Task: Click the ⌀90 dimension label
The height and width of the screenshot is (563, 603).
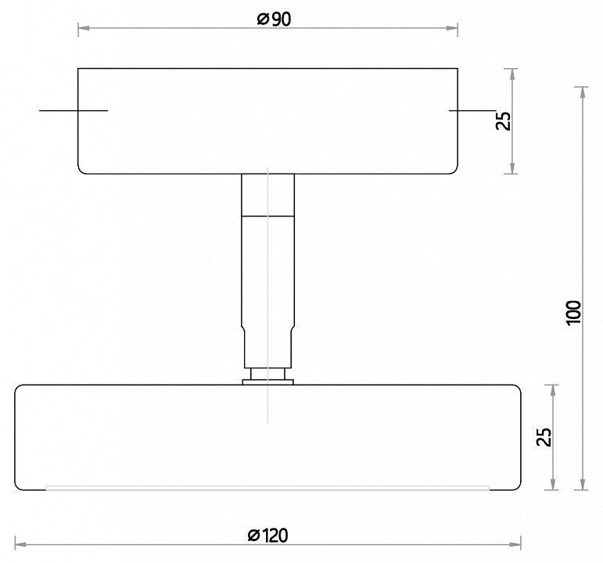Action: tap(274, 20)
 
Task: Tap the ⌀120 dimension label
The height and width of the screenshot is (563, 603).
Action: tap(268, 536)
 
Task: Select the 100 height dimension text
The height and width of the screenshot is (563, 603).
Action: tap(574, 313)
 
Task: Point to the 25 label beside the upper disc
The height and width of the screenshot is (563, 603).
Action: tap(503, 120)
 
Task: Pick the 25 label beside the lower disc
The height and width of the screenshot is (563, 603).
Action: tap(544, 437)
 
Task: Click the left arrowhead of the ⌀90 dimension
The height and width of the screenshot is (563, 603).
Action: tap(84, 28)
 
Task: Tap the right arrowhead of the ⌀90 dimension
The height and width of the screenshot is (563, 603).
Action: tap(452, 28)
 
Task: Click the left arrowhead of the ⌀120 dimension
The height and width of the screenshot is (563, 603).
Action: tap(21, 544)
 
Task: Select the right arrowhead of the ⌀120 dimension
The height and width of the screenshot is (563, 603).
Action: tap(515, 544)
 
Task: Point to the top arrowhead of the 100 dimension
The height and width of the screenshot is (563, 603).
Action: tap(583, 93)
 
